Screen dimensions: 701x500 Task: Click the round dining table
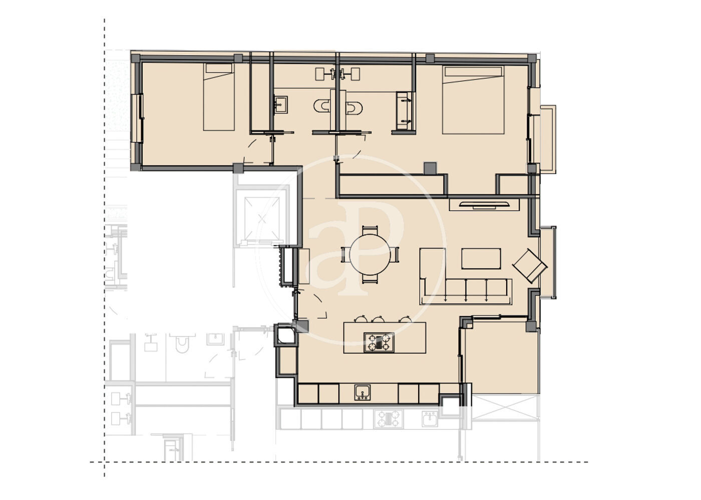[x=370, y=254]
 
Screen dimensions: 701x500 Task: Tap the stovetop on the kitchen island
[x=379, y=342]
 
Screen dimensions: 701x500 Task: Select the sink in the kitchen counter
[x=363, y=392]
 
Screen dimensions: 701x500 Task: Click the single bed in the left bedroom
[x=219, y=97]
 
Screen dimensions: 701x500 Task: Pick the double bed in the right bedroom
[x=473, y=100]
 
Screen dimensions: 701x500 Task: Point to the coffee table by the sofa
[x=481, y=258]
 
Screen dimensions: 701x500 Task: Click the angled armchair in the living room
[x=530, y=265]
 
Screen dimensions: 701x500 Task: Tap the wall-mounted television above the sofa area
[x=484, y=204]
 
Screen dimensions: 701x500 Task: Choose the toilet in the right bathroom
[x=354, y=108]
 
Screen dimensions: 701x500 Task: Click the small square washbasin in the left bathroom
[x=281, y=104]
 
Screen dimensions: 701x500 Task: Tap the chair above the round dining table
[x=370, y=230]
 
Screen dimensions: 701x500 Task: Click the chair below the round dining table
[x=370, y=279]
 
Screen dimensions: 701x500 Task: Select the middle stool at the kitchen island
[x=379, y=319]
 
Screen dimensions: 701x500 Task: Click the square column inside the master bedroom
[x=430, y=168]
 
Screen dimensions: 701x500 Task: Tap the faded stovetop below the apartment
[x=389, y=419]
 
